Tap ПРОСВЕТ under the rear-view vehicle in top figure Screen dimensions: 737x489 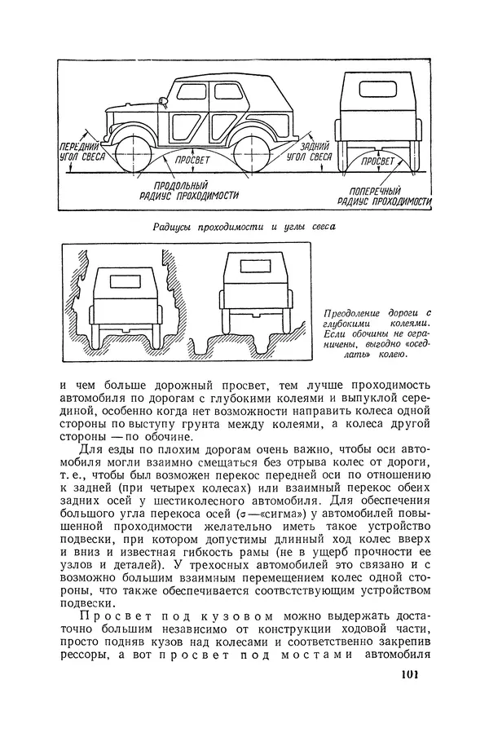pyautogui.click(x=377, y=161)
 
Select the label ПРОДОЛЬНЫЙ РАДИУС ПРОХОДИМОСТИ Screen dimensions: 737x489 pyautogui.click(x=189, y=191)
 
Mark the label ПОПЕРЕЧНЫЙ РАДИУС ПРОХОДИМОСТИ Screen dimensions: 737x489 pyautogui.click(x=382, y=196)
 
